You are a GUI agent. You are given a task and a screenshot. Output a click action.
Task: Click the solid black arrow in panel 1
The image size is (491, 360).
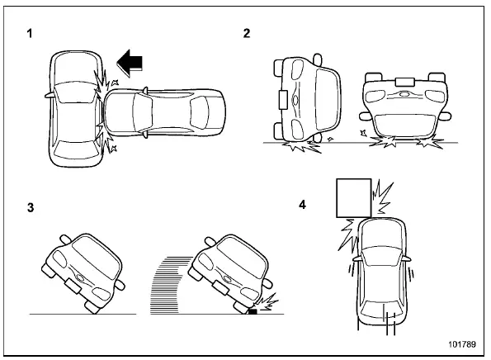(x=133, y=61)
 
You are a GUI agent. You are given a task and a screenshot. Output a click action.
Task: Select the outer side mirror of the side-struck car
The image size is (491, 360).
(x=46, y=96)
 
